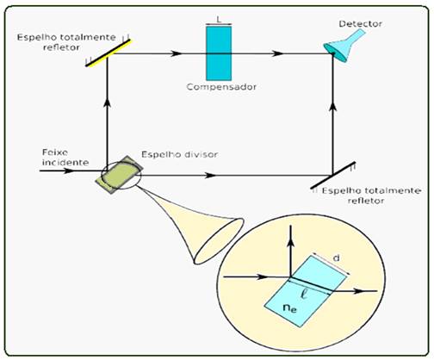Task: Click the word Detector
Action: [360, 23]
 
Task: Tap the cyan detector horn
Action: [343, 46]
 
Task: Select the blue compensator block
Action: [219, 53]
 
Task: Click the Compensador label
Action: [221, 87]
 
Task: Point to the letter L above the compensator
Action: [219, 20]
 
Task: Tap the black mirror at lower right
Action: [333, 175]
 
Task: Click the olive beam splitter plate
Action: [119, 175]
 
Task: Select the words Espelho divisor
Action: [180, 154]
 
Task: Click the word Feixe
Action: [55, 152]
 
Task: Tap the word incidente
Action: [65, 163]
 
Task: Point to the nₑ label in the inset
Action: [289, 308]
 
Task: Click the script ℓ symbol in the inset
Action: [304, 295]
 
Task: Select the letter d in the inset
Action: [336, 258]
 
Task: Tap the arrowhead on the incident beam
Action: [68, 171]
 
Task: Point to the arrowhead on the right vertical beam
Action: [333, 107]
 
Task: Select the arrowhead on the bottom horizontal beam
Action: [210, 175]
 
